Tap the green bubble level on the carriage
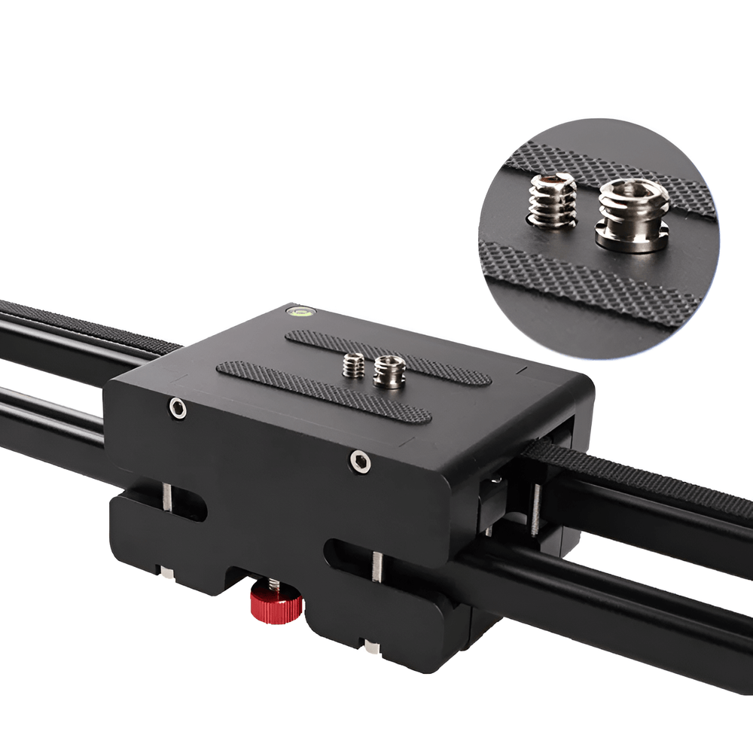pos(299,310)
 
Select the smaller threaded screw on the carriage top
pos(351,367)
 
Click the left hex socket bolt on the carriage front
pos(178,409)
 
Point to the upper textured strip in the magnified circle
pos(602,169)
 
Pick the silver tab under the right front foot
pos(370,646)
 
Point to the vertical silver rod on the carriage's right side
pos(535,509)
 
